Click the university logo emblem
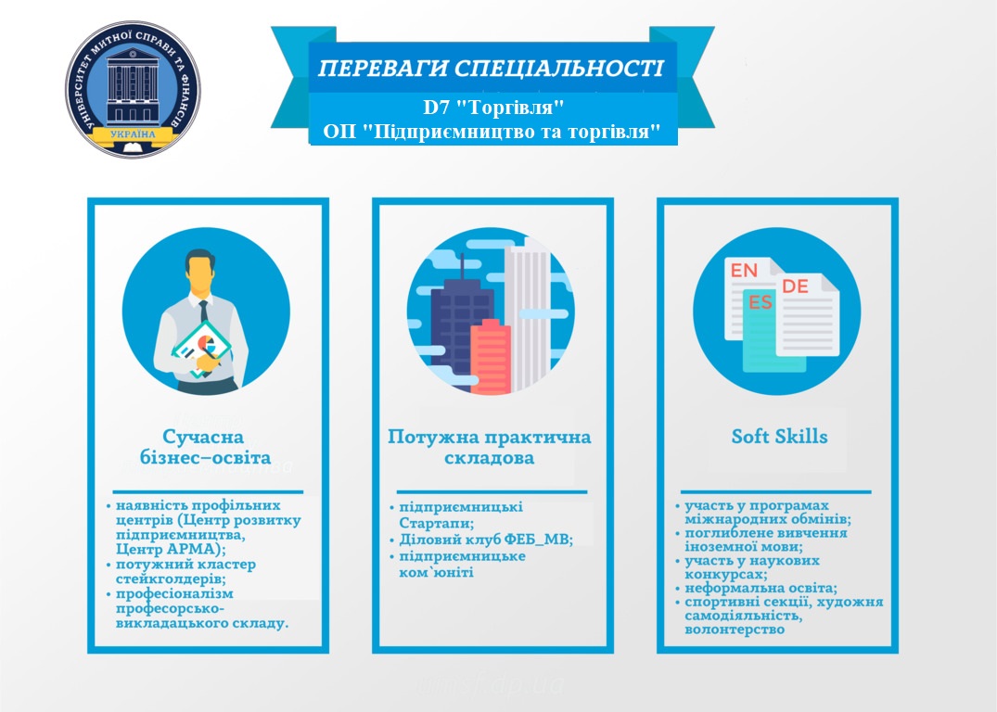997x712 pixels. tap(133, 90)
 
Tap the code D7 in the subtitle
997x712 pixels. tap(437, 107)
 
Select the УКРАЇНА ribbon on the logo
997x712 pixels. tap(133, 134)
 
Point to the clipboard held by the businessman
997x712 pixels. tap(202, 350)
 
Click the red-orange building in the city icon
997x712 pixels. tap(491, 356)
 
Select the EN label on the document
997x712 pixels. tap(744, 270)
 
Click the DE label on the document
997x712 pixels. tap(795, 286)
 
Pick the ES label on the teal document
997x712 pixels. tap(761, 302)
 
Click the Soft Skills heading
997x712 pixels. tap(780, 437)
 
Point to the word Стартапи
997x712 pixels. tap(436, 524)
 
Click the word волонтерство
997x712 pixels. tap(735, 630)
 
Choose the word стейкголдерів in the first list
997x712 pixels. tap(171, 579)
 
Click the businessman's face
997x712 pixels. tap(200, 274)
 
